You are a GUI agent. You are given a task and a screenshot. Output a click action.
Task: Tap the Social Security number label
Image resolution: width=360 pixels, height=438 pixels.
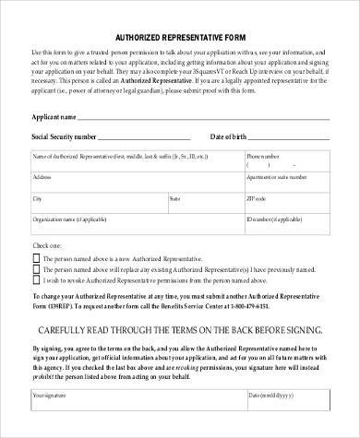[x=64, y=136]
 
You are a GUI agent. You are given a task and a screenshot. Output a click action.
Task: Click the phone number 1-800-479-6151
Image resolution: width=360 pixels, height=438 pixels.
[x=294, y=304]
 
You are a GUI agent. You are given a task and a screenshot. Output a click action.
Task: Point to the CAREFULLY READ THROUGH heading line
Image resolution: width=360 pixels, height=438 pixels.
[x=180, y=329]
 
